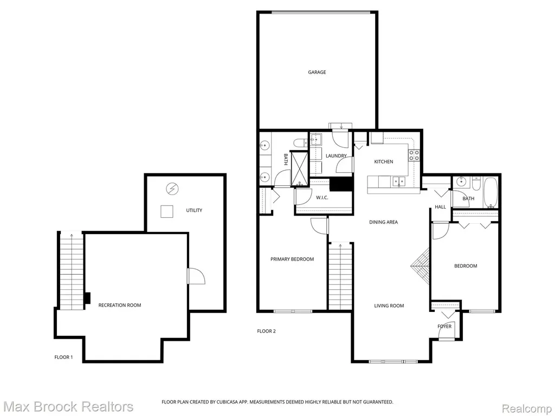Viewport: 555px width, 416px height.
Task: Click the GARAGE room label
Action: (317, 72)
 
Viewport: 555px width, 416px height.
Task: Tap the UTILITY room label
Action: (194, 210)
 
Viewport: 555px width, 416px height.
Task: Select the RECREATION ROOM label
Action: (120, 305)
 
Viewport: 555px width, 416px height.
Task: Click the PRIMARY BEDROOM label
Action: (292, 259)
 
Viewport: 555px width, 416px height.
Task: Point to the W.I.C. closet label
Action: (322, 197)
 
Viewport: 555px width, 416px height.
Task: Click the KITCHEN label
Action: (384, 161)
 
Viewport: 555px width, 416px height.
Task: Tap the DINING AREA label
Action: (383, 222)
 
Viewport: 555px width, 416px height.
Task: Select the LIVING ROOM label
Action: (389, 305)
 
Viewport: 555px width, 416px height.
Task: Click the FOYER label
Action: (444, 326)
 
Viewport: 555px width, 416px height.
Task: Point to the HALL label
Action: (440, 206)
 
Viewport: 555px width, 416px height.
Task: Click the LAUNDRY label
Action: (336, 155)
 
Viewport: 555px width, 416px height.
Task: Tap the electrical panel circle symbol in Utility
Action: (172, 189)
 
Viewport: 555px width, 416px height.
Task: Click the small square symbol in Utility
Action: (167, 212)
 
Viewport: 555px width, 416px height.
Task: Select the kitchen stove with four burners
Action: (414, 155)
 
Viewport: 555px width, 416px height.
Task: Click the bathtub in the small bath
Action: (491, 192)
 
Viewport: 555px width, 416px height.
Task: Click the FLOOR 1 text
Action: (63, 357)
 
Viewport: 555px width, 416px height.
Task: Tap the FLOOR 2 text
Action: (266, 331)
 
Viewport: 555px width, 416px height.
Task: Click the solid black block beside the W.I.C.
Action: (341, 184)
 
